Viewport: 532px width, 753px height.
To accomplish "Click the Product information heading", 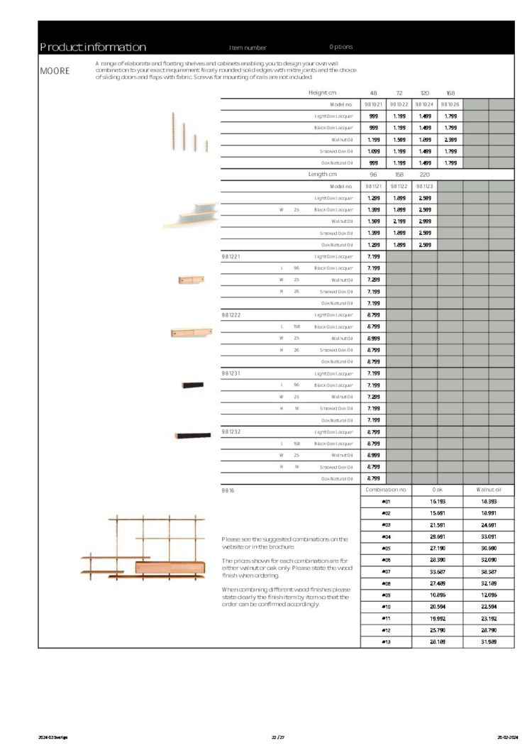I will point(93,48).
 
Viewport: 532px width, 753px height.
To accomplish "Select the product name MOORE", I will point(55,71).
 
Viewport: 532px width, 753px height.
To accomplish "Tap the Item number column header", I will point(248,48).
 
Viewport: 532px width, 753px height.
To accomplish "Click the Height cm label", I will point(322,93).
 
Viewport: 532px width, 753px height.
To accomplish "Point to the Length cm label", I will point(322,175).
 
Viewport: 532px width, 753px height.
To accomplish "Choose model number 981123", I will point(424,186).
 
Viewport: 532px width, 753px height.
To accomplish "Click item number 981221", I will point(231,256).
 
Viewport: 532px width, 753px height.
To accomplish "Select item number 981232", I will point(231,432).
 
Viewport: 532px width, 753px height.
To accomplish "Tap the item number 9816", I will point(227,490).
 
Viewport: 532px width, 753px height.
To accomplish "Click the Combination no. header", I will point(386,490).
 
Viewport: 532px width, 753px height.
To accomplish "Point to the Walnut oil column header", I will point(489,490).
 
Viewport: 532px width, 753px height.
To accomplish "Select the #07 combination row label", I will point(386,571).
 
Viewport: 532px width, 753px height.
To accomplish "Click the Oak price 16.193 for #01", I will point(437,502).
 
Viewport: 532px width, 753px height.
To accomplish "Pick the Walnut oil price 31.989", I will point(489,642).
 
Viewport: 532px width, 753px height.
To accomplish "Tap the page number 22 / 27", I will point(277,738).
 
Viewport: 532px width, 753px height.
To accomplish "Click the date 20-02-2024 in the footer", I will point(509,738).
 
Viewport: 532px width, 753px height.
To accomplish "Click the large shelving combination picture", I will point(141,549).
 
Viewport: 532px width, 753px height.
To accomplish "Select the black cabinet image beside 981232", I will point(193,435).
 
